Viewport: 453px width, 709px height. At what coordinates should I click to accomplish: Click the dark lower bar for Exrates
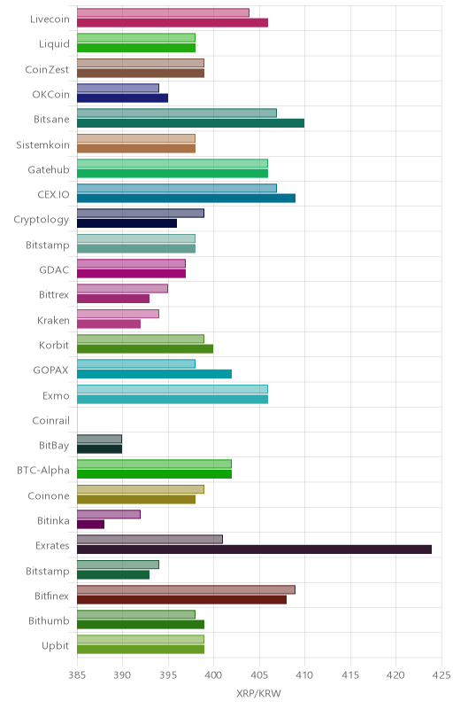255,549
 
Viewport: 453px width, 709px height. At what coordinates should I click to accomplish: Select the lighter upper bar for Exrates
150,540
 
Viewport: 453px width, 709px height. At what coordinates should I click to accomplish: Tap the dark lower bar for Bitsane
191,123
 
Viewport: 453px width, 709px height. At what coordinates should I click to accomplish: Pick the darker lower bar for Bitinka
91,525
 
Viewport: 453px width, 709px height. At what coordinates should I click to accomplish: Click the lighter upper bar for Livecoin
164,12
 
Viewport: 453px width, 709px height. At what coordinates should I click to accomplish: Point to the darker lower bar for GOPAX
154,374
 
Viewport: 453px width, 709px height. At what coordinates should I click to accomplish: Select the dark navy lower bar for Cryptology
127,223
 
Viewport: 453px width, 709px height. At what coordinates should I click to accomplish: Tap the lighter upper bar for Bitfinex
187,589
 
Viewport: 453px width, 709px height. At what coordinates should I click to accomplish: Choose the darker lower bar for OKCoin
123,98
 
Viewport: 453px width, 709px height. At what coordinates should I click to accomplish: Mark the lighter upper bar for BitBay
100,439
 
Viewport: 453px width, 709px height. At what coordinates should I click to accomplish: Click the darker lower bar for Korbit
145,349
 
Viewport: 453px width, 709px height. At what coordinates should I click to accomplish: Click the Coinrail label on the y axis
51,420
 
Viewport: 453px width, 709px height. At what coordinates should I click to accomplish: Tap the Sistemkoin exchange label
42,144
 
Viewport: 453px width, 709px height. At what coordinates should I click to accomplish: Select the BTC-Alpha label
43,471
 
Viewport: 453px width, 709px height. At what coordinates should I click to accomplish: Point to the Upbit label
56,646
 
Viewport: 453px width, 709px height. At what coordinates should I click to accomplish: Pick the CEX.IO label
54,194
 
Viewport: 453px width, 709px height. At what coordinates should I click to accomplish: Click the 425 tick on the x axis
441,675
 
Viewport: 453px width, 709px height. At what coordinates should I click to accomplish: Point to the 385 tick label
77,675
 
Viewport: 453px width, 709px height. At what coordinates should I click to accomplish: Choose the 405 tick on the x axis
259,675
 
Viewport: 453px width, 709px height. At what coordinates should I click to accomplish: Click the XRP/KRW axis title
258,694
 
